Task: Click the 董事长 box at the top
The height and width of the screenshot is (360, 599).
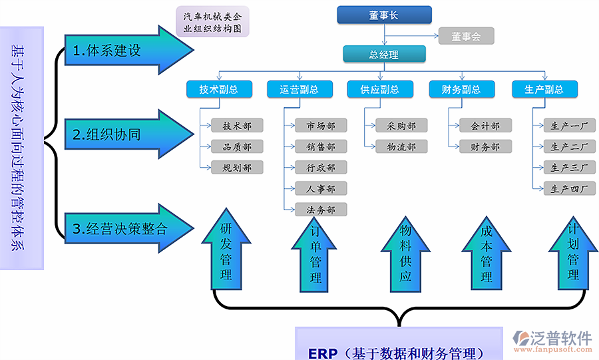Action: click(x=384, y=15)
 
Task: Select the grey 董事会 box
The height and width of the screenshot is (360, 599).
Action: click(x=466, y=36)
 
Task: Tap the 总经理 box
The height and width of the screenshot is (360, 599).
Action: click(x=384, y=55)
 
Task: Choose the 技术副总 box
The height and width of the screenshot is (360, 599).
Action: click(x=218, y=89)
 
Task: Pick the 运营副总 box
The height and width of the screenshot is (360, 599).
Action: click(x=299, y=89)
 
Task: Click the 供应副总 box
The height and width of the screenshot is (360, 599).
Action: click(x=380, y=89)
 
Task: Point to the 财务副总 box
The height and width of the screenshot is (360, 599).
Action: click(x=462, y=89)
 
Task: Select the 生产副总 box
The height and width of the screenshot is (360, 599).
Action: click(x=544, y=89)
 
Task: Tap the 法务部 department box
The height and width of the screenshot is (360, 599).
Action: click(x=321, y=210)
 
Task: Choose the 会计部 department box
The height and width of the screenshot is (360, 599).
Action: click(x=480, y=125)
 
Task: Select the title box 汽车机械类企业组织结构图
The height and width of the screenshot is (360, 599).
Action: click(x=212, y=22)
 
